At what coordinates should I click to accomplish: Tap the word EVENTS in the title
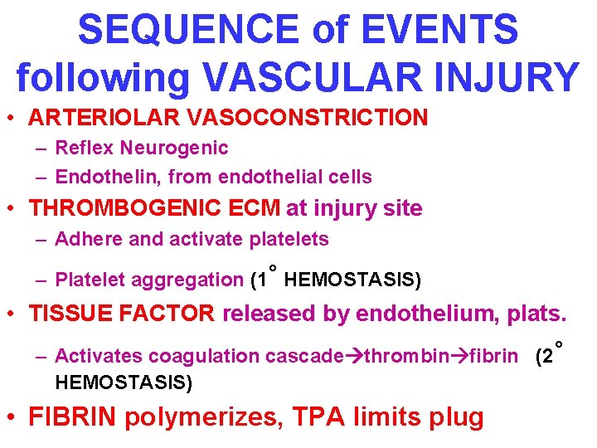[449, 31]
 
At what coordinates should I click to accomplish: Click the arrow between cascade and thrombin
[352, 357]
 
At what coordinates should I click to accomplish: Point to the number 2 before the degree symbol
[546, 357]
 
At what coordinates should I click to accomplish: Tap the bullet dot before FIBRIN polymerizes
[14, 416]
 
